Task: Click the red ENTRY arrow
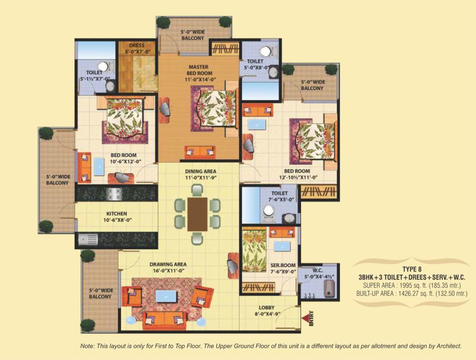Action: pos(305,318)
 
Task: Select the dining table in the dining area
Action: pos(197,214)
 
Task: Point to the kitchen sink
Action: pos(88,239)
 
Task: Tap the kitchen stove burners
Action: pos(113,194)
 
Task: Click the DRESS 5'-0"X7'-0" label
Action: pos(137,49)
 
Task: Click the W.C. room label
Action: pos(317,270)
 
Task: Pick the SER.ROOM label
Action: pos(283,265)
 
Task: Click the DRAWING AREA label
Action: pos(168,264)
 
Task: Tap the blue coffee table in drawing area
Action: pos(166,296)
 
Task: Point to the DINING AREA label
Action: pos(201,172)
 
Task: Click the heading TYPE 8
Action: pos(412,269)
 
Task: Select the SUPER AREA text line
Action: pos(412,285)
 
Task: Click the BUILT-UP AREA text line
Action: pos(412,293)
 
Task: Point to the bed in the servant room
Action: pos(254,250)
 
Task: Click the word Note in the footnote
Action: pos(87,346)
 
